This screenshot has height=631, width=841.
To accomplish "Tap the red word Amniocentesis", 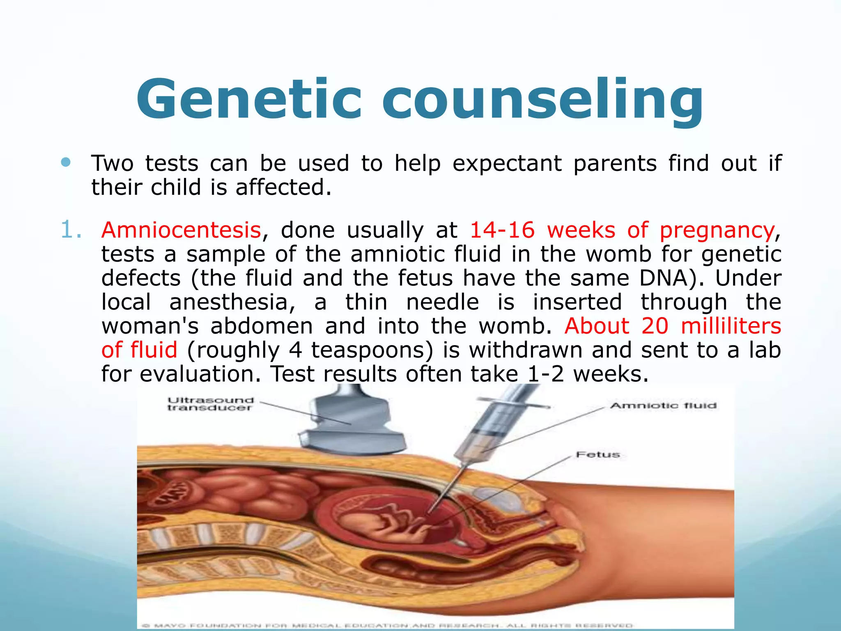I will pyautogui.click(x=181, y=230).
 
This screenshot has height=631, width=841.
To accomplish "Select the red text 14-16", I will pyautogui.click(x=502, y=230).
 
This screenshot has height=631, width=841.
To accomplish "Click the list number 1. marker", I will pyautogui.click(x=71, y=230).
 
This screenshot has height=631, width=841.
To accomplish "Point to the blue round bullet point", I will pyautogui.click(x=66, y=162).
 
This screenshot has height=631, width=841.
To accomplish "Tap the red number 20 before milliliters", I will pyautogui.click(x=655, y=326).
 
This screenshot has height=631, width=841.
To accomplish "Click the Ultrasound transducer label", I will pyautogui.click(x=211, y=404).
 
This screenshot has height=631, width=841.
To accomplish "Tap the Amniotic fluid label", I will pyautogui.click(x=663, y=406).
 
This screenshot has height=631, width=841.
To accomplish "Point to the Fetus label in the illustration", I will pyautogui.click(x=597, y=455).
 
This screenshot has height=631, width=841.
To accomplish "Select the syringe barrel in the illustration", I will pyautogui.click(x=489, y=427).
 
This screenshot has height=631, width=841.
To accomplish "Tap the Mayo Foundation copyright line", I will pyautogui.click(x=386, y=626).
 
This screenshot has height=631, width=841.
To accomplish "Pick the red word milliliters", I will pyautogui.click(x=731, y=326).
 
